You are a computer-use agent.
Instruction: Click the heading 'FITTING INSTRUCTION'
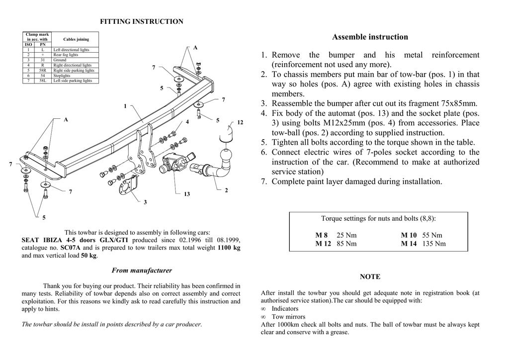click(142, 21)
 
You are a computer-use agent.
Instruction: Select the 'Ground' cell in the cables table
click(60, 60)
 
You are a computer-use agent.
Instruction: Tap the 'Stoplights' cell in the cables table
click(62, 76)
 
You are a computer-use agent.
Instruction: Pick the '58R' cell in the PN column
click(43, 71)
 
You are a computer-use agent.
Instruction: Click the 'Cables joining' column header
click(76, 39)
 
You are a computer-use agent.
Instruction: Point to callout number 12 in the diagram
click(240, 122)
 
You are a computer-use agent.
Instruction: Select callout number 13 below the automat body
click(187, 194)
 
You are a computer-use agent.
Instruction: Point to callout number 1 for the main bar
click(125, 106)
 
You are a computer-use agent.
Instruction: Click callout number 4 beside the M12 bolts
click(187, 122)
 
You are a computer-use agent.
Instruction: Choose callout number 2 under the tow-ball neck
click(226, 190)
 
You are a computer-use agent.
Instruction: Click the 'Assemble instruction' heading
click(370, 37)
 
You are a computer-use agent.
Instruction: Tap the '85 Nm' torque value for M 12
click(347, 244)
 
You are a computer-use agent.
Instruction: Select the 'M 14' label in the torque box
click(409, 244)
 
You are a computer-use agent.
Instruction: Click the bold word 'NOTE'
click(370, 276)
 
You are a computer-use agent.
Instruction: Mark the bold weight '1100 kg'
click(229, 248)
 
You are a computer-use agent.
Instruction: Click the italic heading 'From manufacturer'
click(142, 270)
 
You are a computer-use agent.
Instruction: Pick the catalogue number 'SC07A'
click(71, 248)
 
